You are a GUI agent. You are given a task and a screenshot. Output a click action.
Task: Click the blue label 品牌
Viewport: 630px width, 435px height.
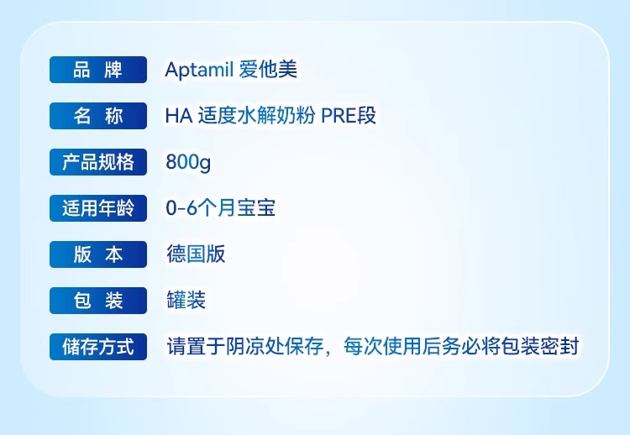[98, 70]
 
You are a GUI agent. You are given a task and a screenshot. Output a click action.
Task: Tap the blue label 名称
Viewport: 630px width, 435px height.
[98, 116]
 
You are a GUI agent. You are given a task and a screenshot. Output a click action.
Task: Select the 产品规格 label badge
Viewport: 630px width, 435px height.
[98, 162]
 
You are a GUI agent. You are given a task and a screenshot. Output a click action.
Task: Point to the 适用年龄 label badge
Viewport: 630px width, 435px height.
[98, 208]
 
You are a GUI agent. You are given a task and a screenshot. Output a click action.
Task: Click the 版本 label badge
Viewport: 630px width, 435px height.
[98, 254]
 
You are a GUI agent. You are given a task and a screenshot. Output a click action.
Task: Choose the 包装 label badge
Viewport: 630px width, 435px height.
[98, 301]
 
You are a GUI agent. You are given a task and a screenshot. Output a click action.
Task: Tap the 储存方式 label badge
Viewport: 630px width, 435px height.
[98, 347]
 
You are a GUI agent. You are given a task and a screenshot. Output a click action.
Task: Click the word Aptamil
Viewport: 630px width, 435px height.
[199, 70]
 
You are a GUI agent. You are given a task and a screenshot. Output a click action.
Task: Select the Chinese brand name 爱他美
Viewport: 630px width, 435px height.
[268, 70]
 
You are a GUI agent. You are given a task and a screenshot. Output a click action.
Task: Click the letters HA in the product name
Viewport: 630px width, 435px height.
[179, 116]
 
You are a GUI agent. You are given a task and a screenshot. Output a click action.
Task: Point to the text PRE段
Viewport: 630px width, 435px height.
[349, 116]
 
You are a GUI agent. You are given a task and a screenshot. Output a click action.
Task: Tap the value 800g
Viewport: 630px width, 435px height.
[188, 163]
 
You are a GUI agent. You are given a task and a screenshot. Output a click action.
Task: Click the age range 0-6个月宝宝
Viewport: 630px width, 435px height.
[221, 208]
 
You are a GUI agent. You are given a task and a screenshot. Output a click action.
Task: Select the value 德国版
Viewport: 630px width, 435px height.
[196, 254]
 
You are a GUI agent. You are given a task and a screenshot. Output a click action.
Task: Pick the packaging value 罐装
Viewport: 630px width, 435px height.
[186, 301]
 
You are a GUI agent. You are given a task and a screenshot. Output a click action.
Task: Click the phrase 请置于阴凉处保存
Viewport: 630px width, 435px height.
[245, 346]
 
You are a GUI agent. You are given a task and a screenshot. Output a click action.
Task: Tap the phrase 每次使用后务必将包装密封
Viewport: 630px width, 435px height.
[461, 346]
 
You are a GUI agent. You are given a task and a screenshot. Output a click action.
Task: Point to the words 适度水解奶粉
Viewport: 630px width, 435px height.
[257, 116]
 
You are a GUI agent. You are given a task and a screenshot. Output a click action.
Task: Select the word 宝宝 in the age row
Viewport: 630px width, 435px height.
[256, 208]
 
